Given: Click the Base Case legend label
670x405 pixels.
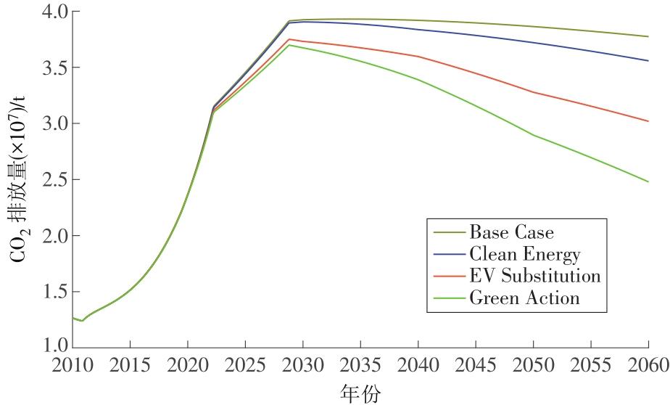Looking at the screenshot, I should click(511, 232).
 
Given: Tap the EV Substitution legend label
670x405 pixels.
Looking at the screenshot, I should click(535, 276).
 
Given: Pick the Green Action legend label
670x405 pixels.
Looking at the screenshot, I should click(524, 298).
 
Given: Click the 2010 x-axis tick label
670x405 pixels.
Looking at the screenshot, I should click(73, 364).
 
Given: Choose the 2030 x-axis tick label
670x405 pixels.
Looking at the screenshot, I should click(302, 364).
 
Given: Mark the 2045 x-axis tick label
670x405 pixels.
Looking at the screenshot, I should click(475, 364).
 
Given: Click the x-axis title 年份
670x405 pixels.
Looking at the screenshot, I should click(359, 393).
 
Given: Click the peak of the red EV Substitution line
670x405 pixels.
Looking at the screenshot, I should click(289, 39).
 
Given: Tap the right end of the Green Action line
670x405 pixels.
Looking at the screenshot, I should click(648, 181).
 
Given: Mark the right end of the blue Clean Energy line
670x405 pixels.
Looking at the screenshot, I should click(648, 60).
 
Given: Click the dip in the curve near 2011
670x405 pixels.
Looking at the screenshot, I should click(83, 321).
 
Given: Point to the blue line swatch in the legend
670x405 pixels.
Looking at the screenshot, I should click(447, 254).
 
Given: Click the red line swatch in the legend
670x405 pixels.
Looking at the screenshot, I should click(447, 276).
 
